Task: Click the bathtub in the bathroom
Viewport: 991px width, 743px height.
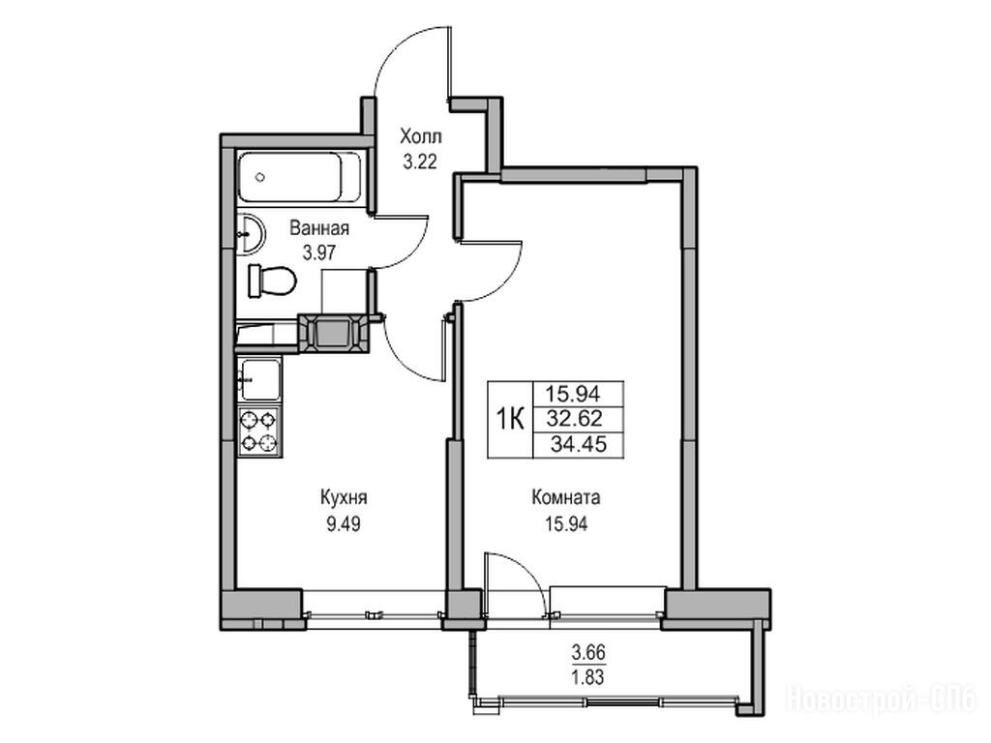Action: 300,178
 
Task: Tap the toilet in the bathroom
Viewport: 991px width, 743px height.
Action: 272,282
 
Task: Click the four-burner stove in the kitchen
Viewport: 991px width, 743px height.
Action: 259,432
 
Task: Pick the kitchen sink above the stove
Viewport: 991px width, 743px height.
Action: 259,379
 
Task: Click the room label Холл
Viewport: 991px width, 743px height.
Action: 421,136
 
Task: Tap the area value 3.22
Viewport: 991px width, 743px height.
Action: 420,163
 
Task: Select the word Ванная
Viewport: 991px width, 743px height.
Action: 319,228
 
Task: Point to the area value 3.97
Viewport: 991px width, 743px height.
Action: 318,253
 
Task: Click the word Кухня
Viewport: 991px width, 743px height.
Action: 344,498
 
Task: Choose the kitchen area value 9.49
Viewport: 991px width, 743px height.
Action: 344,523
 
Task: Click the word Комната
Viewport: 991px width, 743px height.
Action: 566,498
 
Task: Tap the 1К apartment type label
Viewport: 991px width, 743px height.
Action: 510,419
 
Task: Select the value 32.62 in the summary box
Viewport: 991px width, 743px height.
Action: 575,418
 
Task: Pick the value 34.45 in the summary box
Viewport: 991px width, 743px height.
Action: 579,444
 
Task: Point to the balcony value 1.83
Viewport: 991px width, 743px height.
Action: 588,677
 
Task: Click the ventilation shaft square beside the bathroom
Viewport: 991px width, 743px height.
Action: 332,333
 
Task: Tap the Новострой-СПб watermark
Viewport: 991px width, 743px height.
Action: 882,700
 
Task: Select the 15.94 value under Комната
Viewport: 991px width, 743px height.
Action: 566,523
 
